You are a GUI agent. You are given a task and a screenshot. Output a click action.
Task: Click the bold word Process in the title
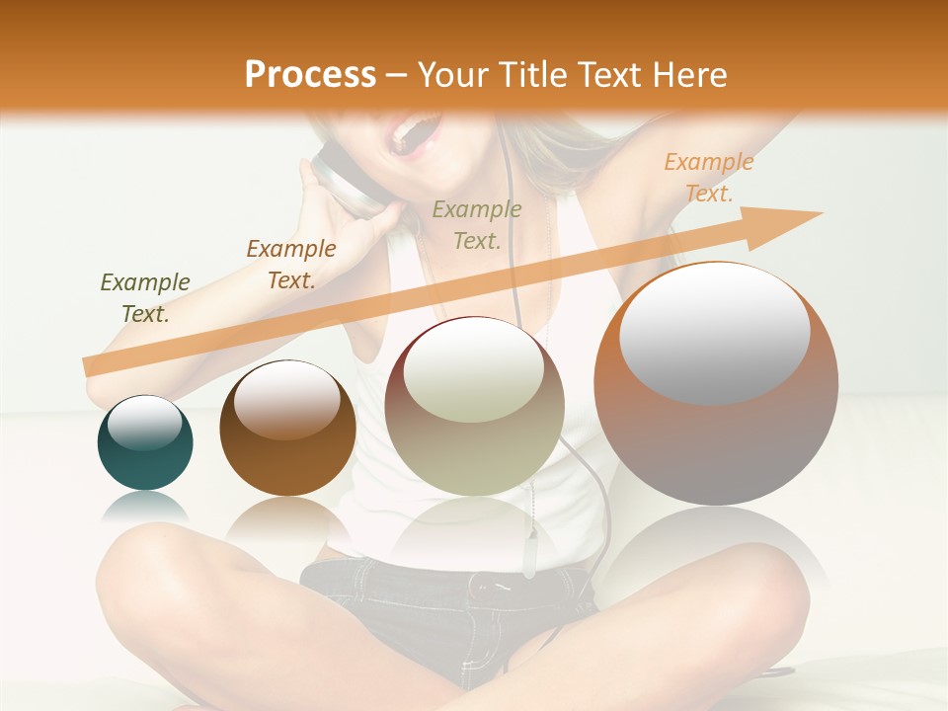click(310, 75)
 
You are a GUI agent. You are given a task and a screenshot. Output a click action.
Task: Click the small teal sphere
click(145, 443)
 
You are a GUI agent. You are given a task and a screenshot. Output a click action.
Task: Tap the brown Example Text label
click(290, 265)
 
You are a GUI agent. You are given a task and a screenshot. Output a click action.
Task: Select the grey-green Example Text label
click(477, 224)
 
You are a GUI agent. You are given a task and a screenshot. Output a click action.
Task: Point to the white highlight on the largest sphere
click(714, 331)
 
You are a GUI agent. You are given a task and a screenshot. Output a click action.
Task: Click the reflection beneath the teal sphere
click(145, 508)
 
